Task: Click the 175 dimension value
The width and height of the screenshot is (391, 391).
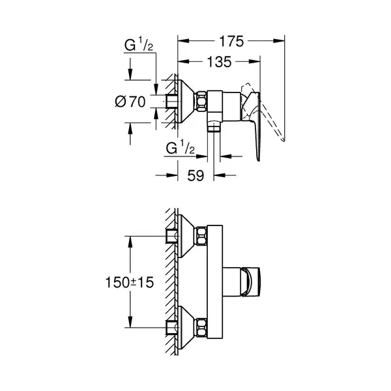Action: [x=231, y=42]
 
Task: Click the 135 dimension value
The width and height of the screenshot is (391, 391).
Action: [x=220, y=62]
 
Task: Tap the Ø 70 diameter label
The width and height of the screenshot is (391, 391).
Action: [x=130, y=102]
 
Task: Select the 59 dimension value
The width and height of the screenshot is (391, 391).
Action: [x=195, y=175]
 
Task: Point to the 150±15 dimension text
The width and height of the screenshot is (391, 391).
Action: [x=130, y=283]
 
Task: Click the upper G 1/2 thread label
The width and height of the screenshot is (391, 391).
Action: [x=139, y=45]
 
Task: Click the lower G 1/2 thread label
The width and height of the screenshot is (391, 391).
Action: [x=180, y=148]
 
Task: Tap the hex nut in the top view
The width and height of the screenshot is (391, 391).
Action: [x=201, y=101]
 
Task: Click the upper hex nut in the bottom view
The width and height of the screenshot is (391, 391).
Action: [x=202, y=236]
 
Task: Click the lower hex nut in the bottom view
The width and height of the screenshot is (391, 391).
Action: [x=202, y=328]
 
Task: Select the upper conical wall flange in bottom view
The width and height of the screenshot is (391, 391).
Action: [x=187, y=236]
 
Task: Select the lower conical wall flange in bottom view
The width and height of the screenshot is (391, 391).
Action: [x=187, y=328]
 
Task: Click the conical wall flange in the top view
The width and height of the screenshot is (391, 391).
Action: [x=186, y=102]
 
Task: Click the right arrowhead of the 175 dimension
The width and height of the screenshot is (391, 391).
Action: [x=279, y=40]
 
